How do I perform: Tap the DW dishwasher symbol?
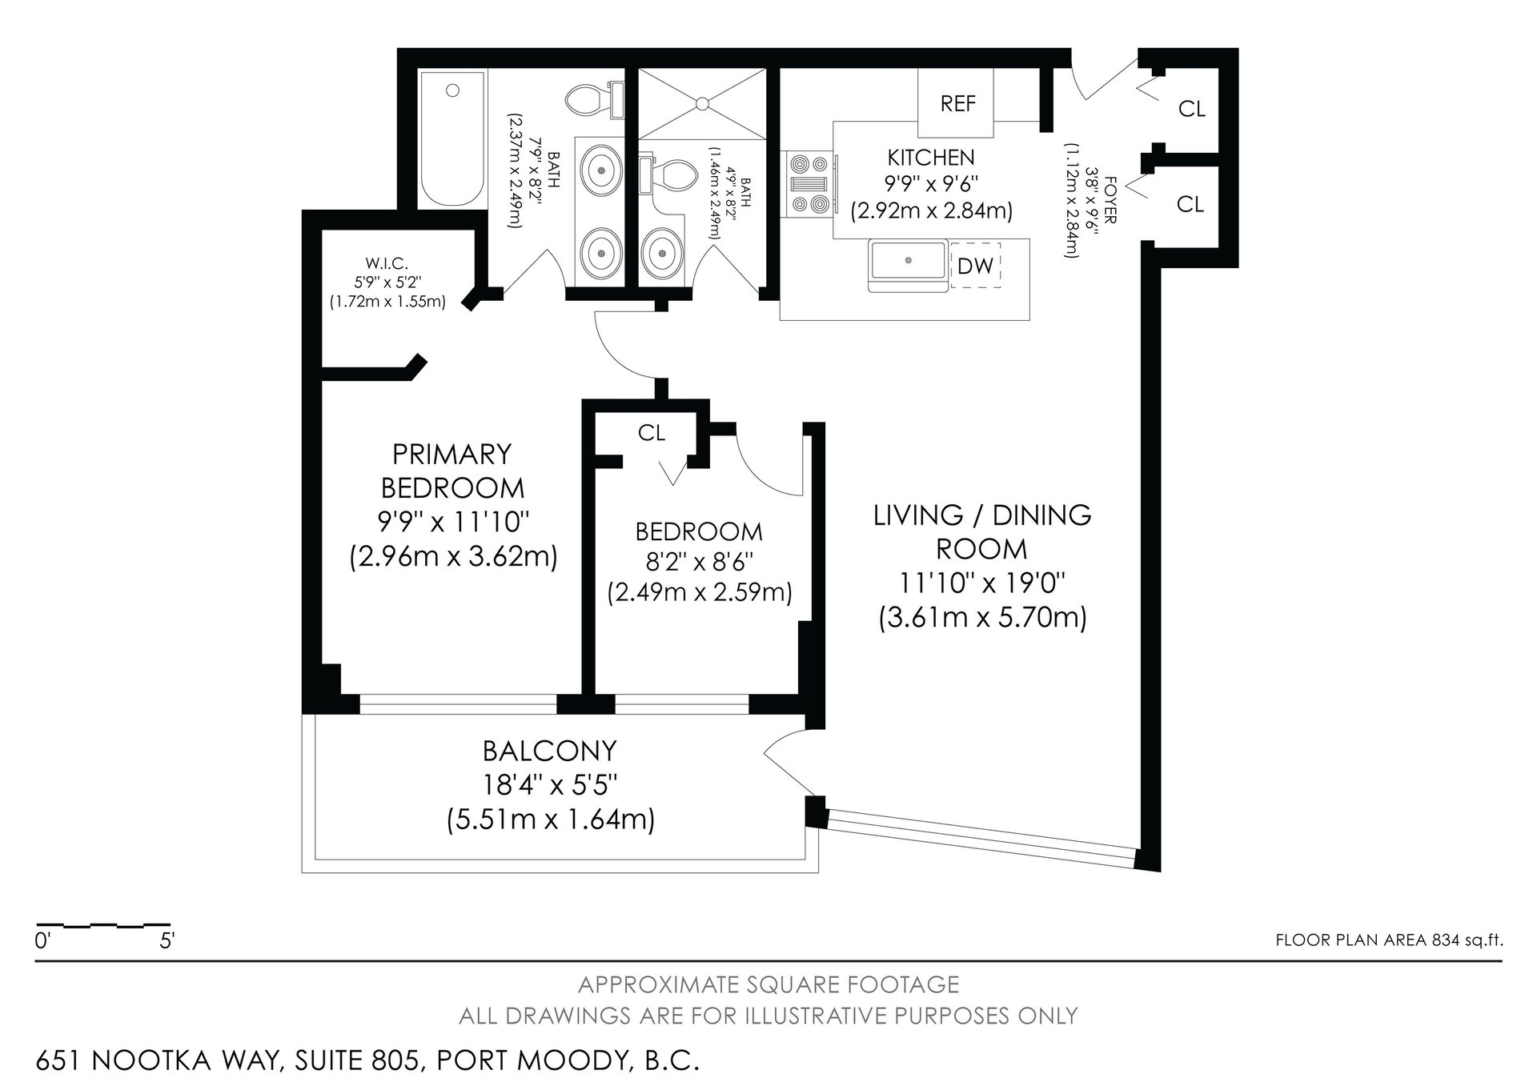pyautogui.click(x=976, y=266)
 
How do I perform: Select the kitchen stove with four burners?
pyautogui.click(x=810, y=184)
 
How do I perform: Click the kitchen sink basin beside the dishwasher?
pyautogui.click(x=909, y=261)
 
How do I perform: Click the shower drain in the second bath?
pyautogui.click(x=701, y=103)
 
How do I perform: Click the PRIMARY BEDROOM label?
pyautogui.click(x=452, y=471)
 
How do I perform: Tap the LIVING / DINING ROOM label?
pyautogui.click(x=982, y=531)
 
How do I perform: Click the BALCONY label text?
pyautogui.click(x=549, y=751)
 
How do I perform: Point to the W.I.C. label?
pyautogui.click(x=387, y=262)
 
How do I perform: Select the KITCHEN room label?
pyautogui.click(x=931, y=158)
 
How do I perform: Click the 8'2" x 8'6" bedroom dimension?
pyautogui.click(x=699, y=562)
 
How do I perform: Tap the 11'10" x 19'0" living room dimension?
pyautogui.click(x=982, y=583)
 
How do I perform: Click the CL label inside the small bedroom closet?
pyautogui.click(x=652, y=433)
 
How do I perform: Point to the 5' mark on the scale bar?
pyautogui.click(x=167, y=941)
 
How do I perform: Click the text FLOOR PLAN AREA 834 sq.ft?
pyautogui.click(x=1389, y=940)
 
